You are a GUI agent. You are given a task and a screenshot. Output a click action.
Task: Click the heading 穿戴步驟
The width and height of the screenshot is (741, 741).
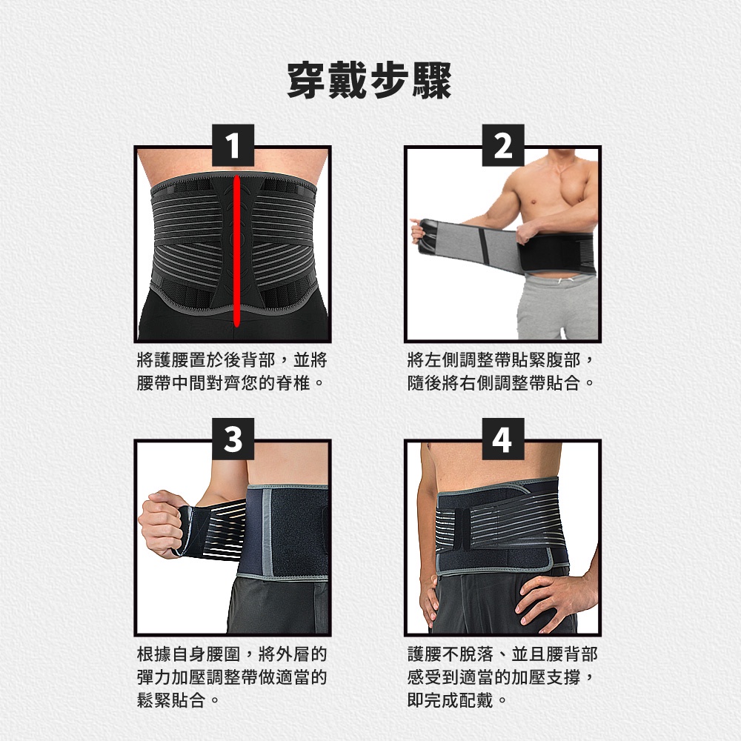[370, 81]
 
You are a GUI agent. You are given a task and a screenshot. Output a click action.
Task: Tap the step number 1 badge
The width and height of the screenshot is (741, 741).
[233, 145]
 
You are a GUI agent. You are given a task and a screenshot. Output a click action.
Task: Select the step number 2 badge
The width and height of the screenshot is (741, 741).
[503, 145]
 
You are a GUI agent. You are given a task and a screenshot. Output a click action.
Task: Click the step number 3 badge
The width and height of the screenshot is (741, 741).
[233, 439]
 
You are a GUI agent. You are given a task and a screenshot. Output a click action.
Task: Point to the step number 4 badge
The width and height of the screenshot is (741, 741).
[503, 439]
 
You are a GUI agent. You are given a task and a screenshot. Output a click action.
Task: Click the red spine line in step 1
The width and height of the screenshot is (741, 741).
[237, 251]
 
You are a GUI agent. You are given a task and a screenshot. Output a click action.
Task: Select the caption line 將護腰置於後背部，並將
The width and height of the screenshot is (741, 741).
[231, 361]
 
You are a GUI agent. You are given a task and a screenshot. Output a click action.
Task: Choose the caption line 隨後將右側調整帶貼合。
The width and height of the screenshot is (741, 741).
[501, 383]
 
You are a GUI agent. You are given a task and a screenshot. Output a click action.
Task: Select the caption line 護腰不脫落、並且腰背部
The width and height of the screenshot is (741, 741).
[502, 654]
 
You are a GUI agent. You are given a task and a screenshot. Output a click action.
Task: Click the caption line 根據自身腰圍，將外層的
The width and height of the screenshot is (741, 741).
[231, 654]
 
